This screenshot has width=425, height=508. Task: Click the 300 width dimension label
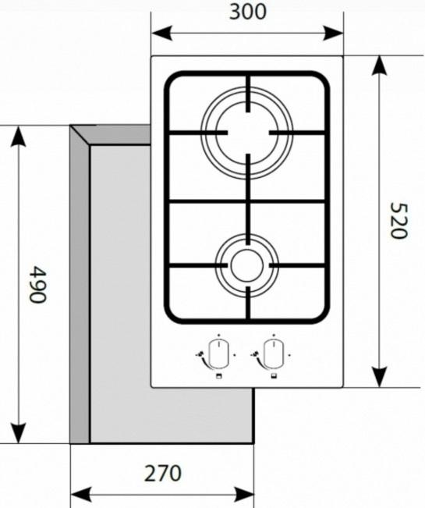[x=247, y=12]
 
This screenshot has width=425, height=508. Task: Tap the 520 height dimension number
[x=398, y=221]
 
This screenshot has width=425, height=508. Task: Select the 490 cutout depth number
[x=37, y=284]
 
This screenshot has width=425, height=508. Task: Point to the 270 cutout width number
[x=162, y=474]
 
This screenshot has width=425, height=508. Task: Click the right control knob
[x=273, y=355]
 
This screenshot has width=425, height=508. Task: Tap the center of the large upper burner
[x=247, y=133]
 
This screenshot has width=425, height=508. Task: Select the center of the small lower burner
[x=247, y=265]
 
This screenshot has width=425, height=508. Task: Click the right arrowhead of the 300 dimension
[x=334, y=33]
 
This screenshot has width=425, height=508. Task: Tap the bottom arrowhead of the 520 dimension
[x=379, y=377]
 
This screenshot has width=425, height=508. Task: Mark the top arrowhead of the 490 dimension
[x=19, y=136]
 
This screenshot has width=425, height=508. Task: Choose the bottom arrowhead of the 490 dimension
[x=19, y=433]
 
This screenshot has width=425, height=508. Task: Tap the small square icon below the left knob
[x=219, y=376]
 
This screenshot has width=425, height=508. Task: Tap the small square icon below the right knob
[x=274, y=376]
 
